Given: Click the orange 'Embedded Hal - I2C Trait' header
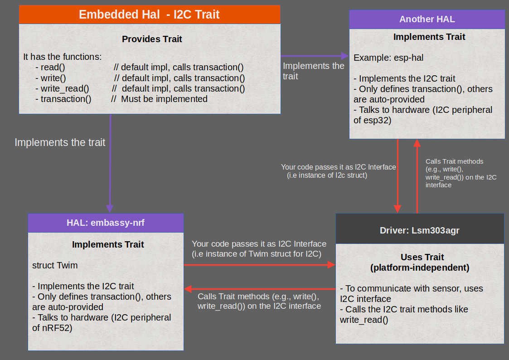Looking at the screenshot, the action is pyautogui.click(x=150, y=15).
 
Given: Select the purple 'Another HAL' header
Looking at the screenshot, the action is pyautogui.click(x=427, y=19).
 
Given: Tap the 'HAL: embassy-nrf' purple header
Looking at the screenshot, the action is pyautogui.click(x=106, y=223).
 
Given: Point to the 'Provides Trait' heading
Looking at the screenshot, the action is pyautogui.click(x=152, y=39).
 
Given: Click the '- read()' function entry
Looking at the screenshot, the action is pyautogui.click(x=50, y=67).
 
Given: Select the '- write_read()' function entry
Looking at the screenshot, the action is pyautogui.click(x=63, y=88).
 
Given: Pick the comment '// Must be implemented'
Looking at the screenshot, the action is pyautogui.click(x=159, y=99).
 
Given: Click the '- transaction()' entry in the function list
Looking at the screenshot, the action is pyautogui.click(x=63, y=99).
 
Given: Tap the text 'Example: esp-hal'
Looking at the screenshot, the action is pyautogui.click(x=388, y=58).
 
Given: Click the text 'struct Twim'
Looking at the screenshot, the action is pyautogui.click(x=55, y=265).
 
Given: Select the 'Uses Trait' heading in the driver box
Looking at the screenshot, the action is pyautogui.click(x=422, y=257).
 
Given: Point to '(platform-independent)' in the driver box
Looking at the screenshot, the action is pyautogui.click(x=420, y=268).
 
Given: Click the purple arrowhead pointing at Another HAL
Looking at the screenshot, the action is pyautogui.click(x=345, y=56).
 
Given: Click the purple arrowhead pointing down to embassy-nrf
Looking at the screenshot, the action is pyautogui.click(x=110, y=209).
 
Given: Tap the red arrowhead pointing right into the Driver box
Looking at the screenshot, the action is pyautogui.click(x=331, y=265).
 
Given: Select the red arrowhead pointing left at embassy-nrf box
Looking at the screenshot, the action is pyautogui.click(x=188, y=288).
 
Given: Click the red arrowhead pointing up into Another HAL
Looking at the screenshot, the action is pyautogui.click(x=417, y=143).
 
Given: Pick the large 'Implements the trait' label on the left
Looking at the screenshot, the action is pyautogui.click(x=60, y=142).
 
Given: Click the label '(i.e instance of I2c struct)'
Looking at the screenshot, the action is pyautogui.click(x=327, y=175).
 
